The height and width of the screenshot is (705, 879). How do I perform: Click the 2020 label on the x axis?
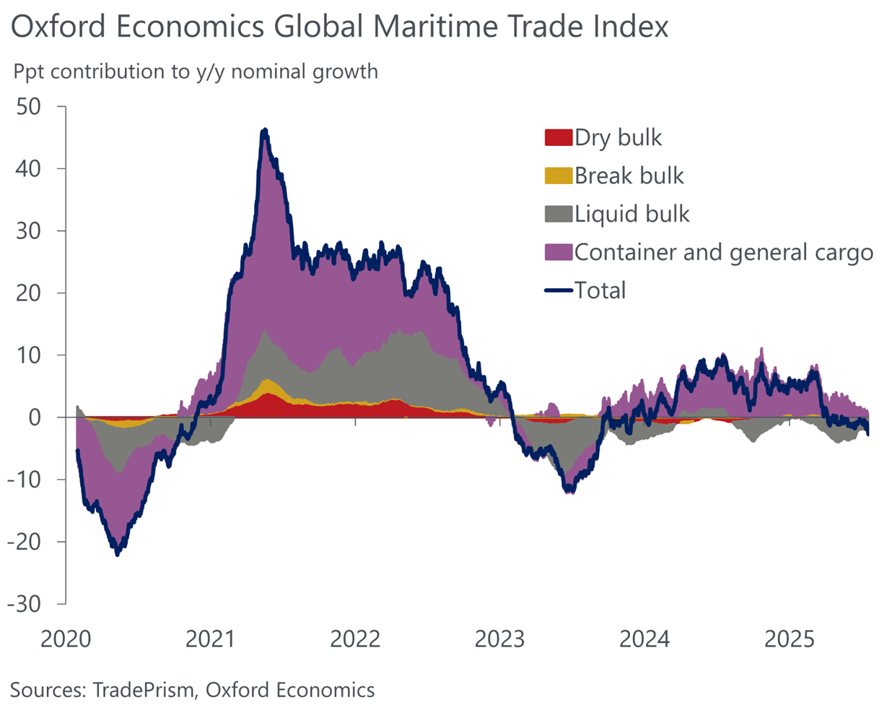[x=67, y=639]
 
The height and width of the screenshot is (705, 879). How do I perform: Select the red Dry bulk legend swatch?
[x=558, y=138]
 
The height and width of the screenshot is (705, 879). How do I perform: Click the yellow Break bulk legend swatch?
[x=558, y=176]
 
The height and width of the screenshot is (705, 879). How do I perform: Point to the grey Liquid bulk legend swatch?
[x=558, y=214]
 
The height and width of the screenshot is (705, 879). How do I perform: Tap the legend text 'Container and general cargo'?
[x=724, y=252]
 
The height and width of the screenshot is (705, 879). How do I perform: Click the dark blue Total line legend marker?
[x=558, y=290]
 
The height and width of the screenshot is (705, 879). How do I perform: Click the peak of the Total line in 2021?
[x=265, y=131]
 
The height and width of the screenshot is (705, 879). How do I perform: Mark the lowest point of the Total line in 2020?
[x=118, y=553]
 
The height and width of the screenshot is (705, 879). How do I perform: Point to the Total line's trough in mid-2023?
[x=570, y=491]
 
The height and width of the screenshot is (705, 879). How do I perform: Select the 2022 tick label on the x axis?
[x=355, y=639]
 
